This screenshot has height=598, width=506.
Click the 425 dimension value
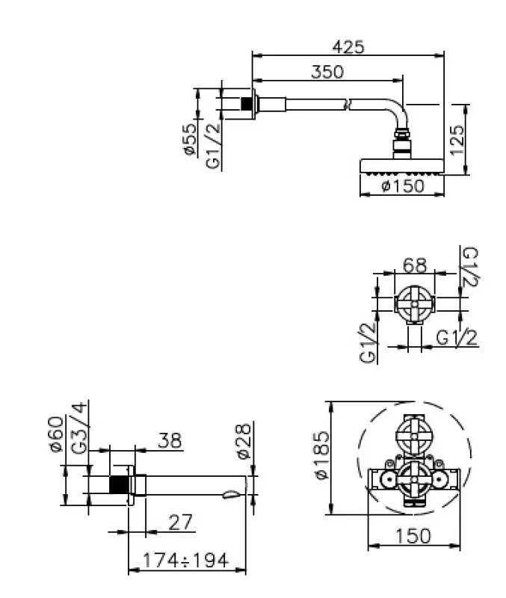point(348,46)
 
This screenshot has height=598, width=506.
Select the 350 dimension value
point(327,72)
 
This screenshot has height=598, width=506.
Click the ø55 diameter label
point(190,140)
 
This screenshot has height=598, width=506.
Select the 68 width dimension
point(415,265)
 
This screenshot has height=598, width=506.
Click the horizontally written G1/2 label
point(457,338)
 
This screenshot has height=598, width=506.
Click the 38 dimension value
point(170,441)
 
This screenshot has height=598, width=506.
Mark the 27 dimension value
point(179,521)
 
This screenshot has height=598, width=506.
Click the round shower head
point(402,165)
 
